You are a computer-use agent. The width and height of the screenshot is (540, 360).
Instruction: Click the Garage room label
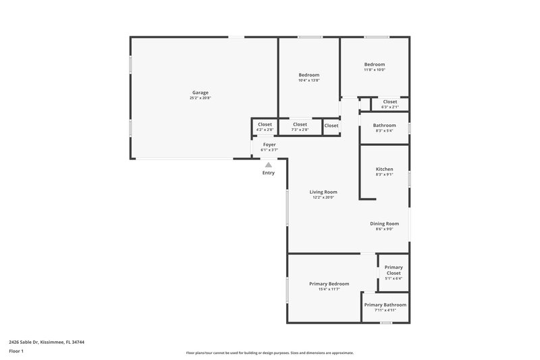tap(200, 93)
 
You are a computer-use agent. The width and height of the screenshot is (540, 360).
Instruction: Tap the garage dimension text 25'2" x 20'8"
tap(200, 99)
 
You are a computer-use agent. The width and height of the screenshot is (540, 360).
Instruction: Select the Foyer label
tap(269, 145)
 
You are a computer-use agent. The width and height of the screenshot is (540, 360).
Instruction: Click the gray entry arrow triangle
tap(269, 164)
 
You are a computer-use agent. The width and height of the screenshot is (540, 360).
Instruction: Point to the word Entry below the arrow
tap(269, 173)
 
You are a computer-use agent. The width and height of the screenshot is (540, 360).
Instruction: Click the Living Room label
tap(323, 192)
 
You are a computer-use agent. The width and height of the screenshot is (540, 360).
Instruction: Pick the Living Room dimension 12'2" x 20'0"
tap(323, 198)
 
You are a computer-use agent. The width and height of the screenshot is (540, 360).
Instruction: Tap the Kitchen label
tap(384, 169)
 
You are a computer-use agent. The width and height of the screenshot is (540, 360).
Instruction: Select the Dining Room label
tap(384, 224)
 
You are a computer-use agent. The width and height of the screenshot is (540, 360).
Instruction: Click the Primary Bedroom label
tap(329, 284)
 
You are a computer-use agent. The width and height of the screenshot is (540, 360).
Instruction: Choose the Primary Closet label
tap(394, 270)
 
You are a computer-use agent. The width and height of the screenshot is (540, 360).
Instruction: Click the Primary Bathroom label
tap(385, 305)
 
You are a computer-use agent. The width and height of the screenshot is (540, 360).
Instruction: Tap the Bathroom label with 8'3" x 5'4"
tap(384, 125)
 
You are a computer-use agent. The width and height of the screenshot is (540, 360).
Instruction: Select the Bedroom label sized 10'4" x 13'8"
tap(308, 74)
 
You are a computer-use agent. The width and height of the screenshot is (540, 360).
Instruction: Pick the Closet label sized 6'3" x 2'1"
tap(389, 101)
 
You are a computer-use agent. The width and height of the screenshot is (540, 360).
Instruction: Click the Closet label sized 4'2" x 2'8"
tap(265, 124)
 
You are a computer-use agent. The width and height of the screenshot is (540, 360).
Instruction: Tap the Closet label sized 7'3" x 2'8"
tap(300, 124)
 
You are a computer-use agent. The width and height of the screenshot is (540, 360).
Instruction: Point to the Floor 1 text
tap(16, 352)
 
